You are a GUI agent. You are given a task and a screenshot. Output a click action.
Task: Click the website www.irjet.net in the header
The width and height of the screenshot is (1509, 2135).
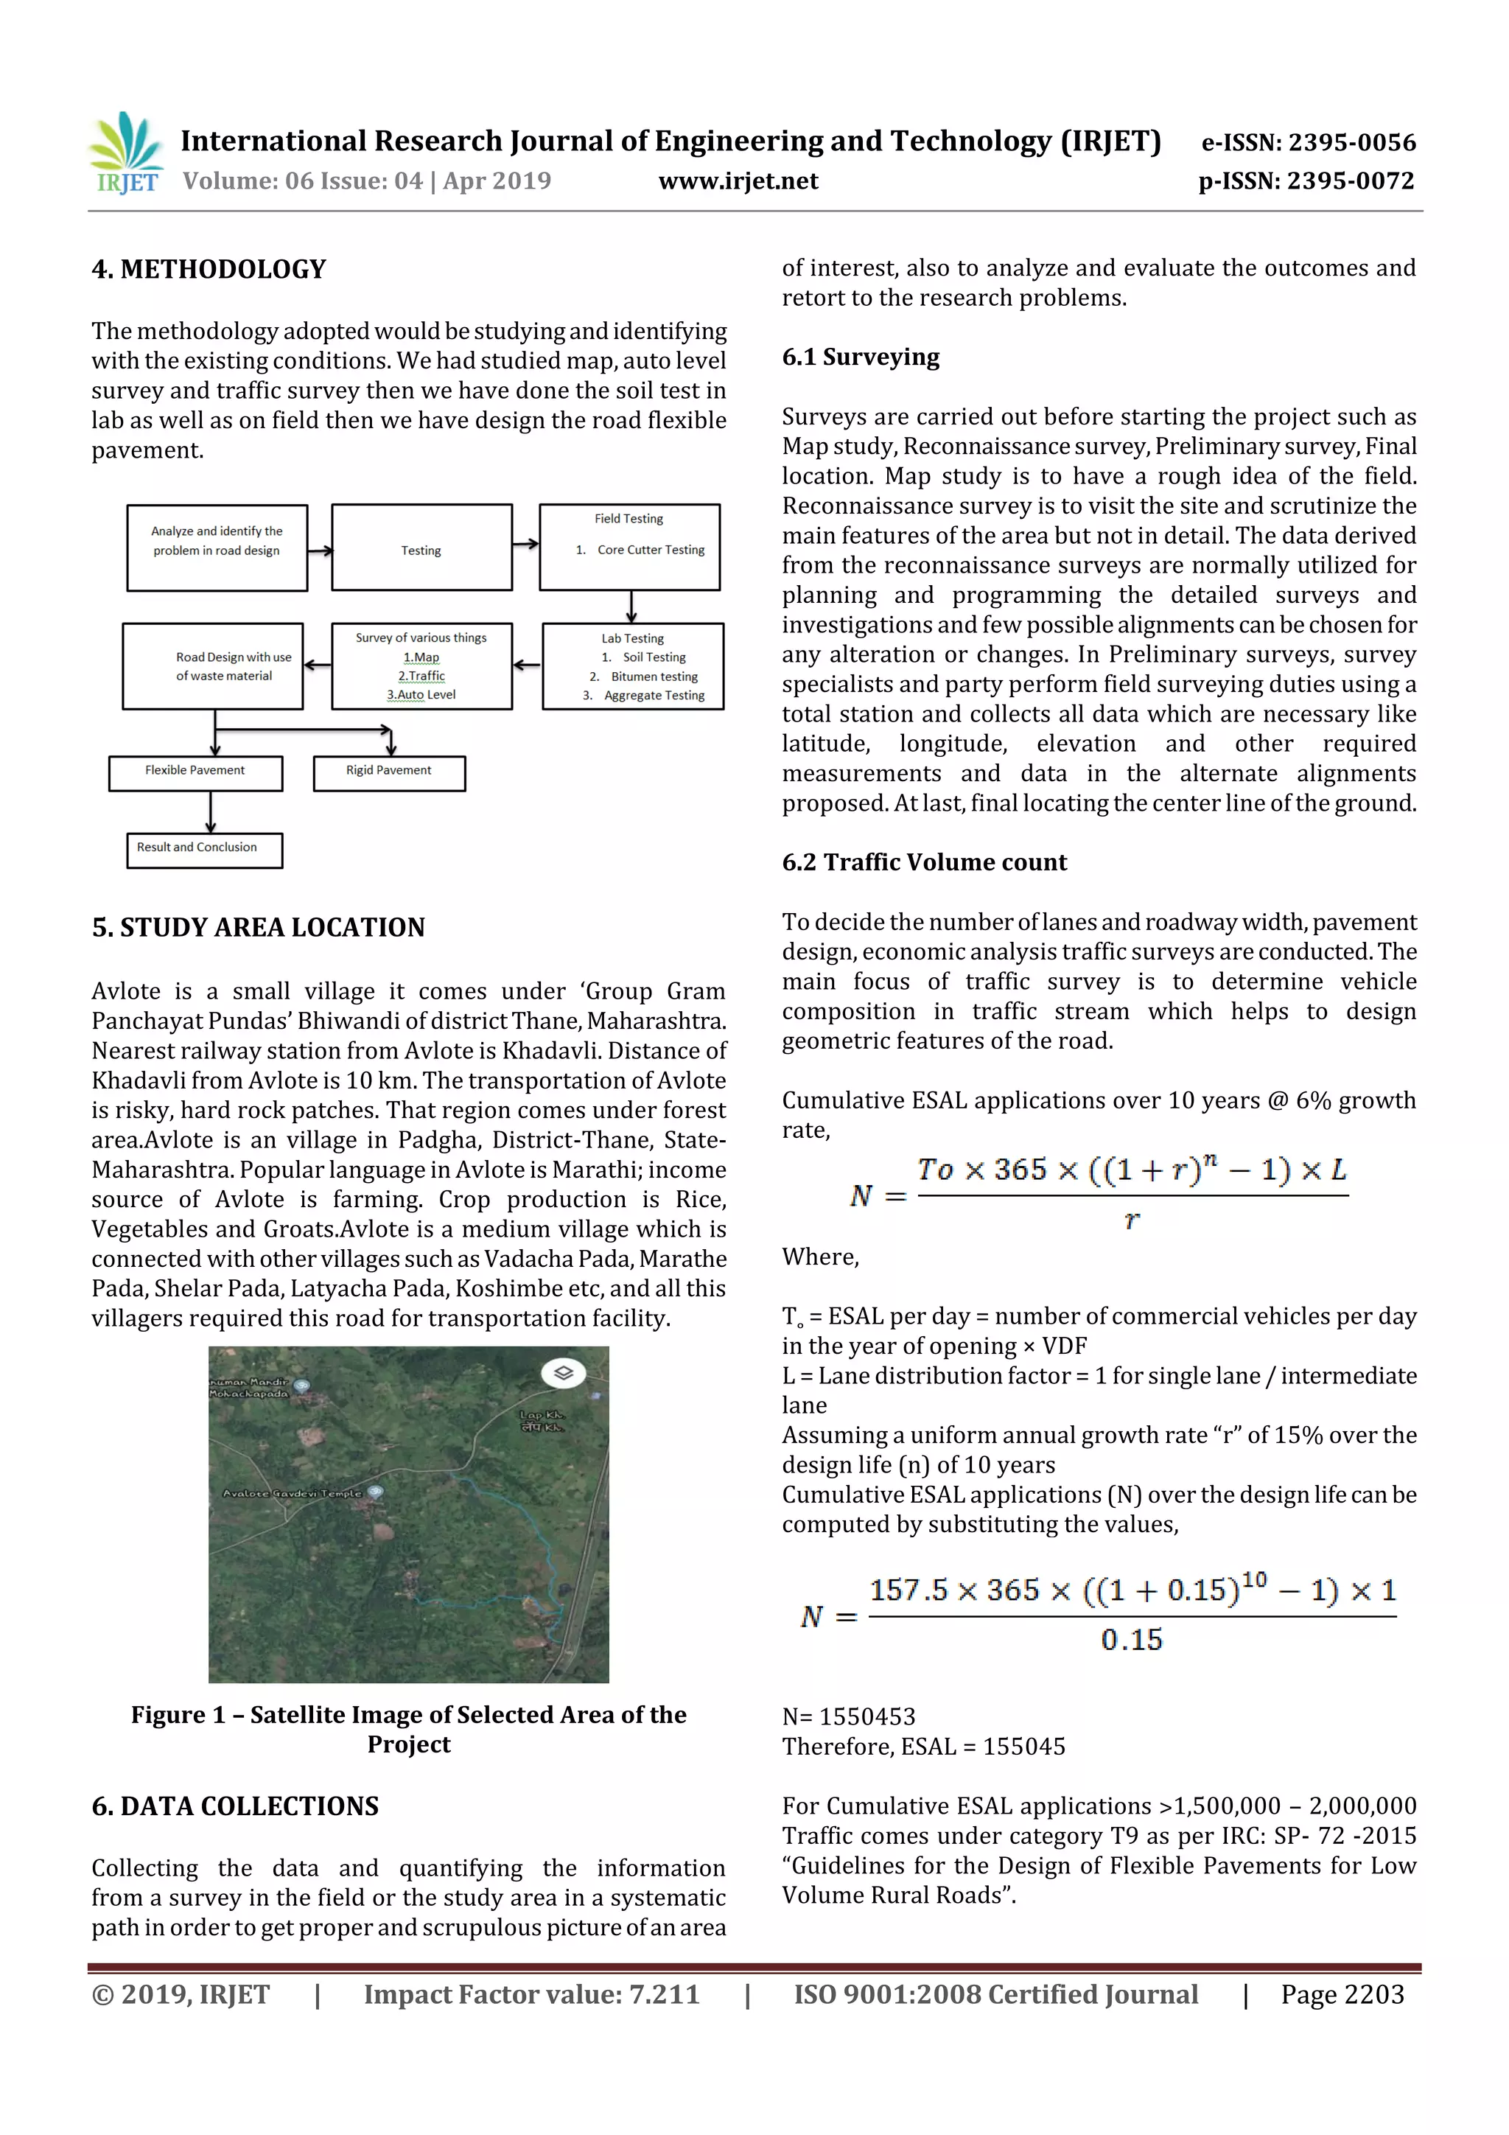[738, 181]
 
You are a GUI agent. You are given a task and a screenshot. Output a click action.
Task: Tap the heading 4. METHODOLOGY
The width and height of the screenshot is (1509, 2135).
[209, 270]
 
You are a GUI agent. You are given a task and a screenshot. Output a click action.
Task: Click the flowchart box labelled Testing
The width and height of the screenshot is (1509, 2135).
[421, 551]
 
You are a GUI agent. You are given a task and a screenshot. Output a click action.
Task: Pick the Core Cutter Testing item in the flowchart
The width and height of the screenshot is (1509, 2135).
[650, 551]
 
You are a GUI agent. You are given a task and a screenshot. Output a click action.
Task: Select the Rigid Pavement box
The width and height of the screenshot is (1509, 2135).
[388, 771]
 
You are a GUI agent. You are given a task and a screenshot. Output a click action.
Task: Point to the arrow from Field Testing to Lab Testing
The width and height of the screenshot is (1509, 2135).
[631, 607]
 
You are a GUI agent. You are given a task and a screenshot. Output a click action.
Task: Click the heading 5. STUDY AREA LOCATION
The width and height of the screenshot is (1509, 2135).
[259, 928]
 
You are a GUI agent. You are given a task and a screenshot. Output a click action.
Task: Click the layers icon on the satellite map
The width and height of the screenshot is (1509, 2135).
[562, 1372]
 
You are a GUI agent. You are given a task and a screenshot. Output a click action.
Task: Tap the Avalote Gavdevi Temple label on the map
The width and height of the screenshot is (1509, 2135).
[293, 1493]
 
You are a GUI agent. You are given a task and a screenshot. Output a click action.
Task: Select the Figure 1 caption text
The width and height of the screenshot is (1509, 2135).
[408, 1729]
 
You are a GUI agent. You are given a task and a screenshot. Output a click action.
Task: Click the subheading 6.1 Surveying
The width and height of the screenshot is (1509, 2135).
[860, 357]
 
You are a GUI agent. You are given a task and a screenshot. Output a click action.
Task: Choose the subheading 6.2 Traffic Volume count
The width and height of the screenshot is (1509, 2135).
[924, 862]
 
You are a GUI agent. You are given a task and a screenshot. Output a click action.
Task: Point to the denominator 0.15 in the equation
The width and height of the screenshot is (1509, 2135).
[1132, 1640]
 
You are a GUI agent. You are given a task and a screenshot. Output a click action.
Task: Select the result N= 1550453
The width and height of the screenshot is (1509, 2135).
[848, 1716]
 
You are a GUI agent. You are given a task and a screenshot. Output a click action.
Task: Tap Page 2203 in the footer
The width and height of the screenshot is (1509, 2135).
[1342, 1994]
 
